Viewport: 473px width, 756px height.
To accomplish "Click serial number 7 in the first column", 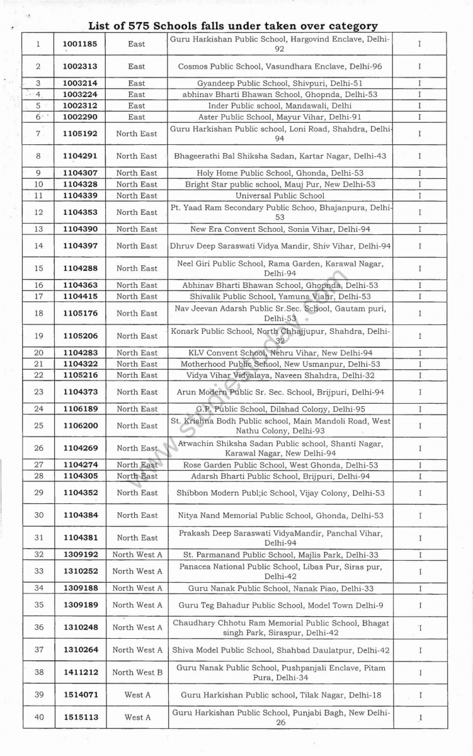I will pyautogui.click(x=38, y=134).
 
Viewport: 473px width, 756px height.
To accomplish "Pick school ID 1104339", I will pyautogui.click(x=80, y=196).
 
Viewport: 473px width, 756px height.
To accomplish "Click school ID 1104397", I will pyautogui.click(x=80, y=246).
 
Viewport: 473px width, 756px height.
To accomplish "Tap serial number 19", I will pyautogui.click(x=38, y=336).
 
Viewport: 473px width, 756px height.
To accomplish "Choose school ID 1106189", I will pyautogui.click(x=80, y=409).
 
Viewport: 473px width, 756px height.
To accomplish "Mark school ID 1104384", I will pyautogui.click(x=80, y=515).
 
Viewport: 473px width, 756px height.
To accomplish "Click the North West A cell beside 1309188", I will pyautogui.click(x=137, y=588).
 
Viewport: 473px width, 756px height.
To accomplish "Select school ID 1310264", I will pyautogui.click(x=80, y=650).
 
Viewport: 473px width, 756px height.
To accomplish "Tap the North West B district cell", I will pyautogui.click(x=137, y=672).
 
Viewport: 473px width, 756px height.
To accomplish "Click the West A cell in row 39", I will pyautogui.click(x=137, y=695).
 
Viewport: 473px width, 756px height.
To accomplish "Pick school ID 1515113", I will pyautogui.click(x=80, y=717).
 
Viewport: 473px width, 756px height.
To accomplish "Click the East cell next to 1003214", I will pyautogui.click(x=136, y=83).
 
